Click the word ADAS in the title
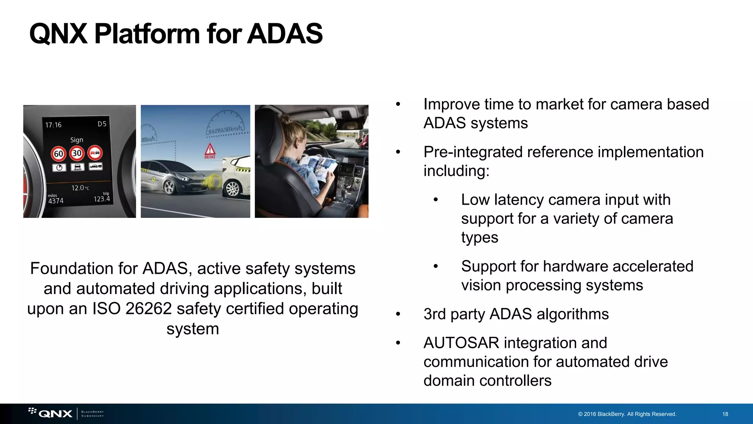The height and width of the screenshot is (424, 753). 285,33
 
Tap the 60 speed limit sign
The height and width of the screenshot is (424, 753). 58,153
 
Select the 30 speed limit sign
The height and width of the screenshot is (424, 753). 77,153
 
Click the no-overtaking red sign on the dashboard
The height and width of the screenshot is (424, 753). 95,153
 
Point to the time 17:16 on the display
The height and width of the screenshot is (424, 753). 53,125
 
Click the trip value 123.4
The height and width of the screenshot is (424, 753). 101,199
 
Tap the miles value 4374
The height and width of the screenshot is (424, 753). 56,201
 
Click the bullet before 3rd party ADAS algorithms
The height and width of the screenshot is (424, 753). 398,314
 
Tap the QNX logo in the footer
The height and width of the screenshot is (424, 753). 55,414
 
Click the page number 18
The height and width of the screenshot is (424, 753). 725,414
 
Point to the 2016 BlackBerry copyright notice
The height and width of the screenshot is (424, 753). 627,414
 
